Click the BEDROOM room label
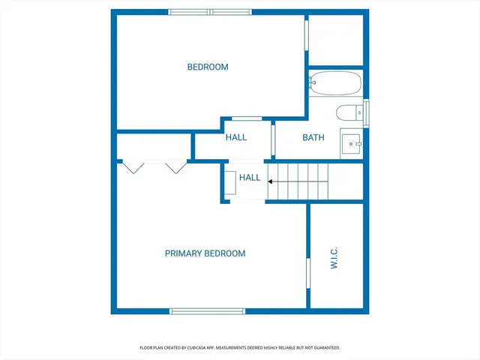(x=208, y=67)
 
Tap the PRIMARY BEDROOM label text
(x=205, y=253)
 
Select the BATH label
(x=313, y=137)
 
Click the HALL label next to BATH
(x=236, y=137)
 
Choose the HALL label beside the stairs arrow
(x=250, y=178)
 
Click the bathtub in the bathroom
(x=334, y=82)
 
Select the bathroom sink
(x=352, y=142)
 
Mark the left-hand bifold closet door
(x=134, y=167)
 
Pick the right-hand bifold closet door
(x=175, y=167)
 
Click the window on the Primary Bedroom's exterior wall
(x=196, y=310)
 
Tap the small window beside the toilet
(x=366, y=112)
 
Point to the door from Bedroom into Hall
(x=246, y=118)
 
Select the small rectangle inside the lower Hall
(x=231, y=183)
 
